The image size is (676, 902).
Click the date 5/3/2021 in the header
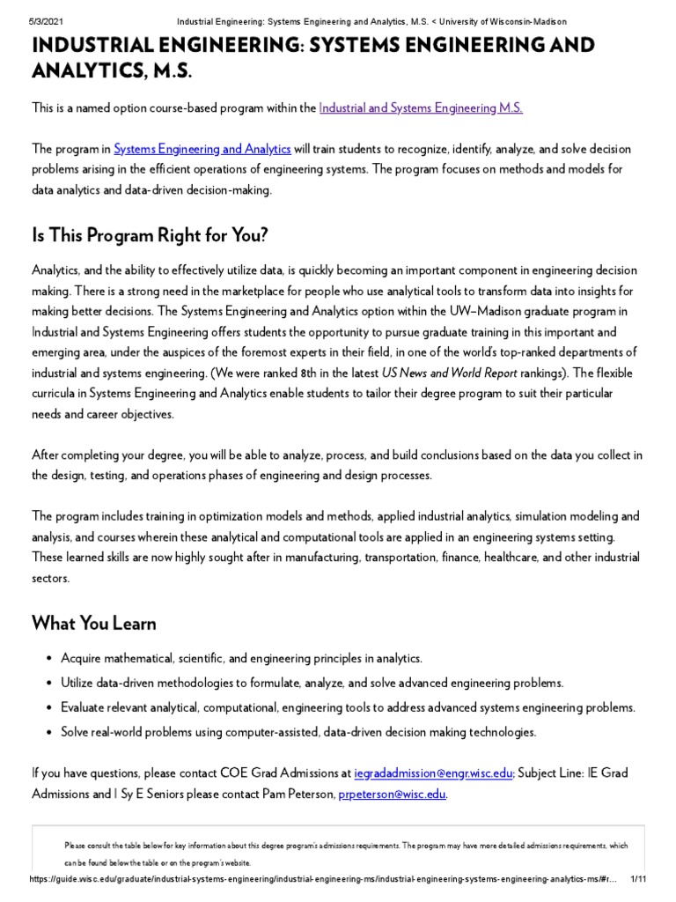pos(32,21)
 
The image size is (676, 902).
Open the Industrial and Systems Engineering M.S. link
pos(421,107)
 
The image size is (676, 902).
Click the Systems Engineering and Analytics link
pos(202,149)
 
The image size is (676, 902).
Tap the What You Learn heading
pos(94,624)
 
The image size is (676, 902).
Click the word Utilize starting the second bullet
pos(80,683)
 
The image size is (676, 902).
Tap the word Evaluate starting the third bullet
pos(84,707)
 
